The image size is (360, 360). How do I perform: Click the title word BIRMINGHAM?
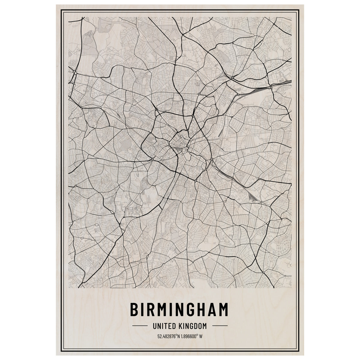pos(179,310)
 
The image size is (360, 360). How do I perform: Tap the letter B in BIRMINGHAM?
pos(136,310)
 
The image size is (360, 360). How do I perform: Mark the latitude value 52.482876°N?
pos(169,336)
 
